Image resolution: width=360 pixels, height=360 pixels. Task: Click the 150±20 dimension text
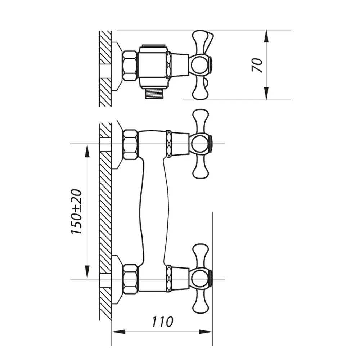pyautogui.click(x=76, y=211)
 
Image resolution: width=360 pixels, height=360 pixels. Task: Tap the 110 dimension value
pyautogui.click(x=162, y=321)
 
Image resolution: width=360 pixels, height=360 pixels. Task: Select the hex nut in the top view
pyautogui.click(x=130, y=66)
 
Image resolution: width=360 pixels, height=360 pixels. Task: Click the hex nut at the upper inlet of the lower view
pyautogui.click(x=131, y=144)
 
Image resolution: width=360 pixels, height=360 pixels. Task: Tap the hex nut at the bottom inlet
pyautogui.click(x=131, y=279)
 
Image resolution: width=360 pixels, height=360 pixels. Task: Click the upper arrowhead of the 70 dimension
pyautogui.click(x=266, y=36)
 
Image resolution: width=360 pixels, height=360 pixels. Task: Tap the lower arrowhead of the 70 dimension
pyautogui.click(x=266, y=94)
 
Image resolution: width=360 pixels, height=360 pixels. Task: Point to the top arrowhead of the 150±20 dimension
pyautogui.click(x=87, y=150)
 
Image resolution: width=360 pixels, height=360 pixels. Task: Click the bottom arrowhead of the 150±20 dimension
pyautogui.click(x=87, y=273)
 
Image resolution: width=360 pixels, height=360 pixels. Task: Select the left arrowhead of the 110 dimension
pyautogui.click(x=118, y=332)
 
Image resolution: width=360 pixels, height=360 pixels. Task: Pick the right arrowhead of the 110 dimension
pyautogui.click(x=206, y=332)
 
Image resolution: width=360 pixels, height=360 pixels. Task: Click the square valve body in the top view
pyautogui.click(x=153, y=65)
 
